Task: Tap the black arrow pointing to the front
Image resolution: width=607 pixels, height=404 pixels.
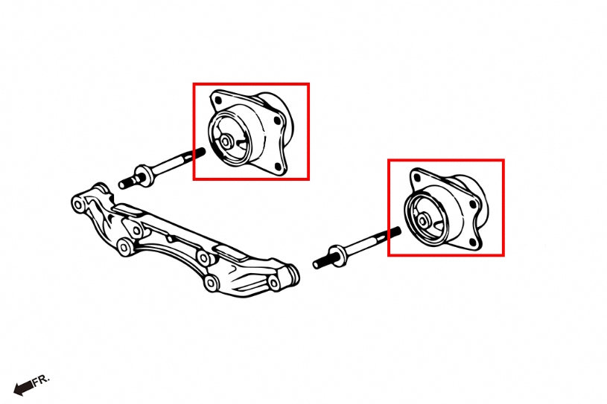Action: [x=23, y=385]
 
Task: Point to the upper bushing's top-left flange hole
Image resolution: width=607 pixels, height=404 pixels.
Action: [x=218, y=97]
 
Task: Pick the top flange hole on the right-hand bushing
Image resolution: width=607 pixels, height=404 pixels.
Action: [x=417, y=176]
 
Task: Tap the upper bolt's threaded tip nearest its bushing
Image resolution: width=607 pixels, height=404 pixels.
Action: [x=199, y=153]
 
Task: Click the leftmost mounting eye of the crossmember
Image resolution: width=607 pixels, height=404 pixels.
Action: [x=78, y=202]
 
